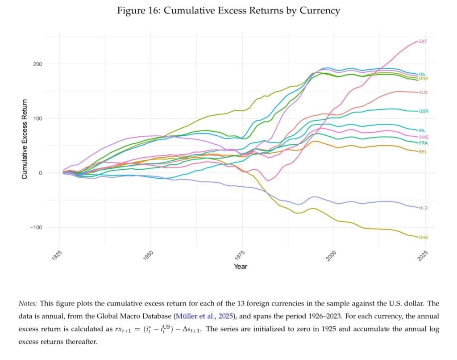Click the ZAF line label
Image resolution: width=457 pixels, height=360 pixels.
point(422,41)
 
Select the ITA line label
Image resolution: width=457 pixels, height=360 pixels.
point(422,74)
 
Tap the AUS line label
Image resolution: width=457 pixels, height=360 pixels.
point(423,92)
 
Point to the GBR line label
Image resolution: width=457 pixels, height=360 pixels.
point(423,111)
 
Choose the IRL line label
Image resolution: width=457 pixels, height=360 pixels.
point(422,130)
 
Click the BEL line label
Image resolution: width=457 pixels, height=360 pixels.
point(423,152)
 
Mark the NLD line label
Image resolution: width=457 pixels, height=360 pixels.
point(423,208)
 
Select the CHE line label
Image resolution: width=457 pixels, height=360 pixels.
point(423,237)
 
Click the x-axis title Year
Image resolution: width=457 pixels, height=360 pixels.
point(240,267)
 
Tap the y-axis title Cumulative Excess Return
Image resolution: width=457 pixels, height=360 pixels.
point(25,139)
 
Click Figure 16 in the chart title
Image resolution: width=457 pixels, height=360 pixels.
point(138,11)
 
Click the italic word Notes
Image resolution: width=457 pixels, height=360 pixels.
point(28,303)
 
